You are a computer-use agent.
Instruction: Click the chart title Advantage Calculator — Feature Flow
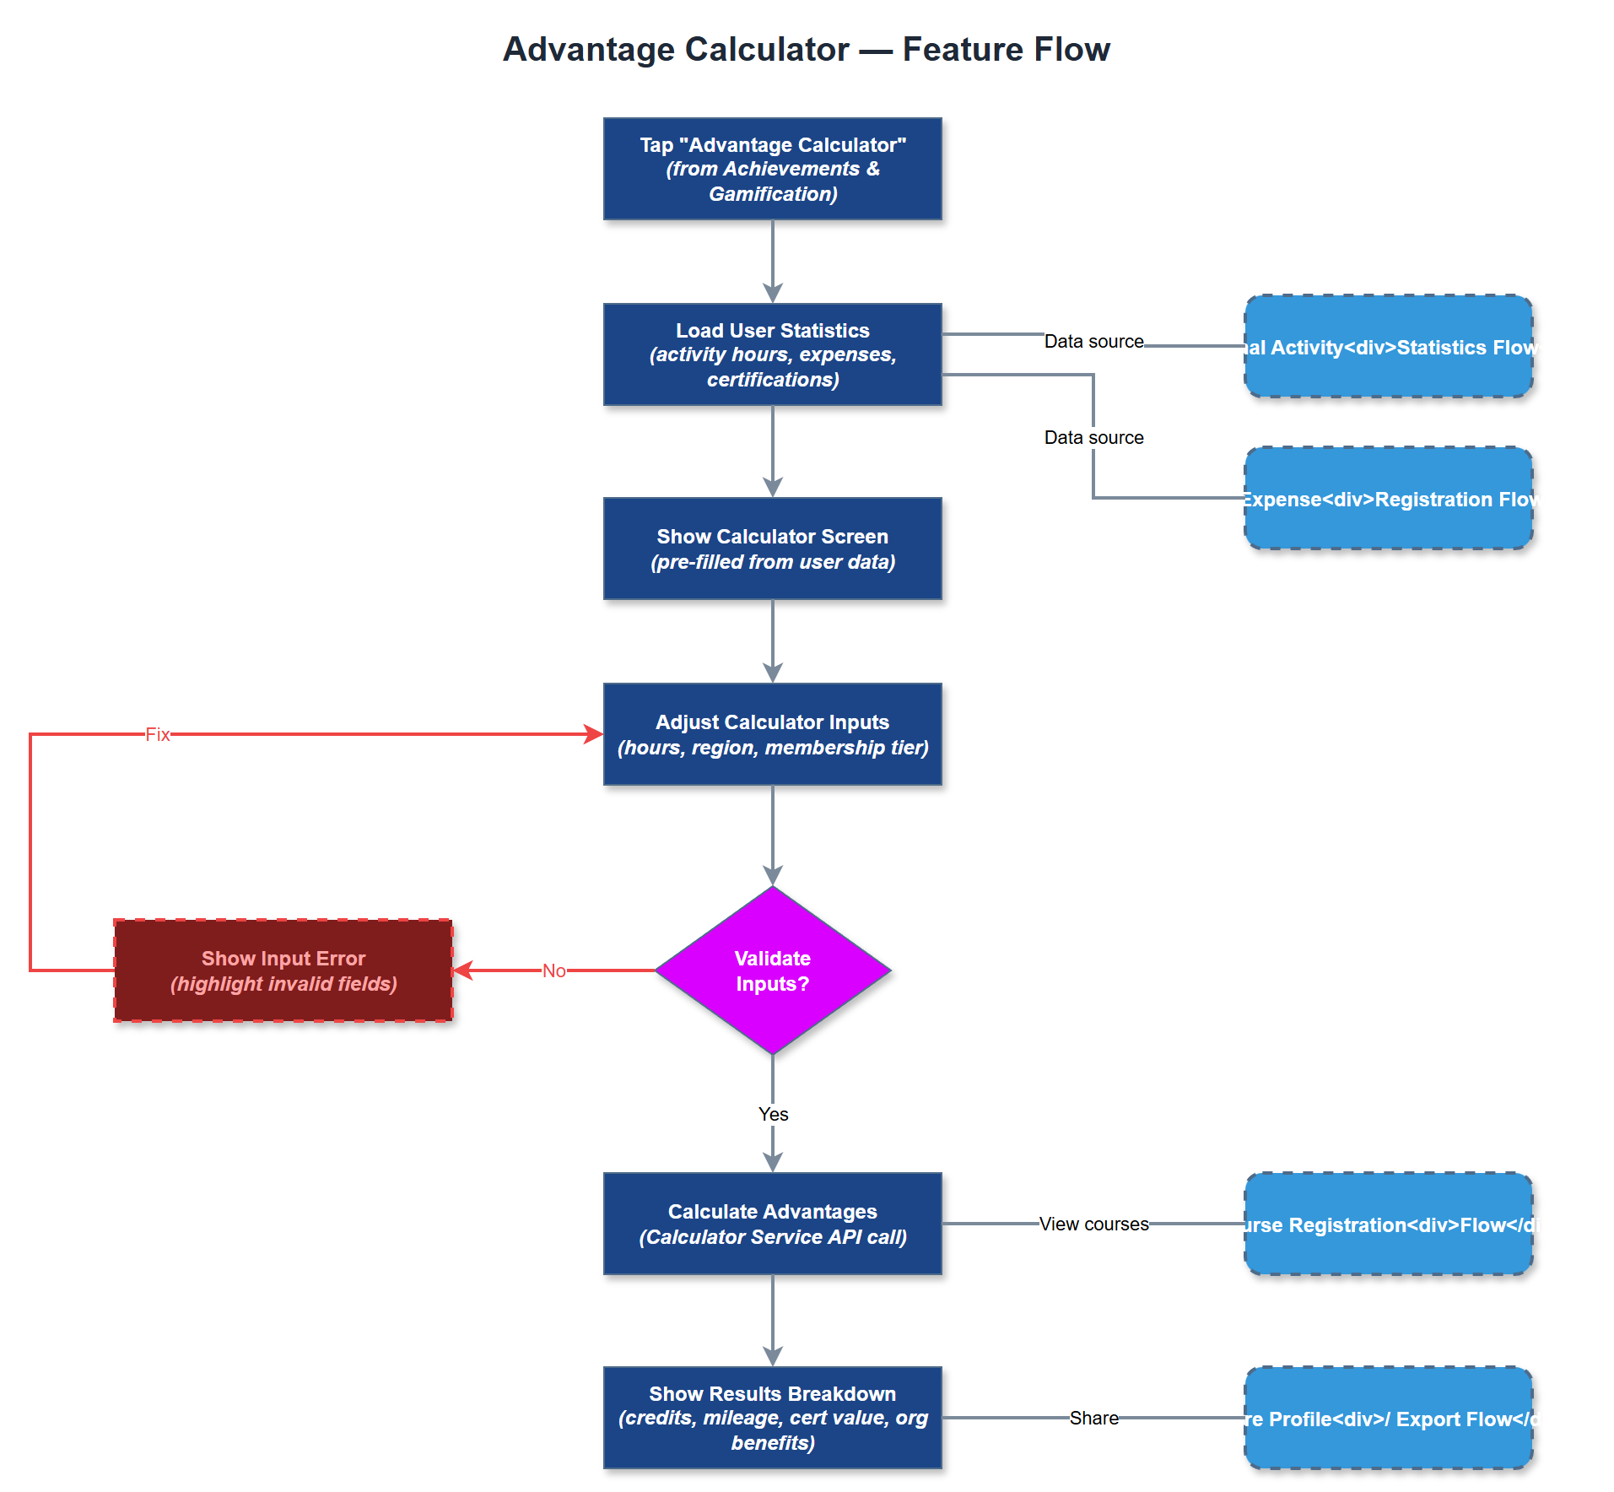806,50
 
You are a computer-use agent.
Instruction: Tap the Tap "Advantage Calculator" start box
772,169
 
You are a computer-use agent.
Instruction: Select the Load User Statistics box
772,354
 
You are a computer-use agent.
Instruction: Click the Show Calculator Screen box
772,549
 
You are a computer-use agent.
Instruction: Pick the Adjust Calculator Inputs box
772,734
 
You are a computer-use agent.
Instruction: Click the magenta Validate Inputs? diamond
772,970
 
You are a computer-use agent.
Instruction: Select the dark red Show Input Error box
283,970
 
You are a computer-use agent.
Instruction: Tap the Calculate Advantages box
772,1224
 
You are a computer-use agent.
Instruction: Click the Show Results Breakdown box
772,1418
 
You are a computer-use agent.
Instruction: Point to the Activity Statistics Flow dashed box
1388,346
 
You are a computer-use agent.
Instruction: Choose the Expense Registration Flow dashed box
1388,498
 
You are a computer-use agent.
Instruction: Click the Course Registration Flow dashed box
1388,1224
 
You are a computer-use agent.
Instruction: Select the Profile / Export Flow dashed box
1388,1418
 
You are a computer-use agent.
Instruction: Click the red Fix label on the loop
158,734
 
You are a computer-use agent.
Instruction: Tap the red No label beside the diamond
553,970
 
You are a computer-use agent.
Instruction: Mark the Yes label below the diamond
773,1114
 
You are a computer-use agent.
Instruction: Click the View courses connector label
1093,1224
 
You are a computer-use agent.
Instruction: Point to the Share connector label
1093,1418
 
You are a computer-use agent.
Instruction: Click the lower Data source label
1093,437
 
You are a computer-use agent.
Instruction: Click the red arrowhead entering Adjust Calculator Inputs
594,734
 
